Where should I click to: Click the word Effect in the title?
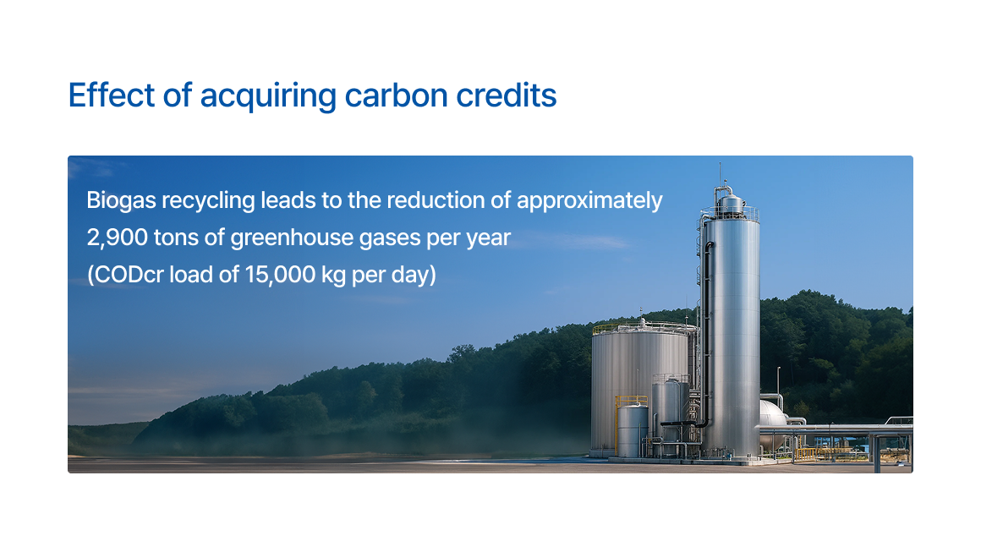(112, 95)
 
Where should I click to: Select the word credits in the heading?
(506, 95)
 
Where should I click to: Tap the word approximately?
(589, 201)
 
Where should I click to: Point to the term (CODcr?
(125, 276)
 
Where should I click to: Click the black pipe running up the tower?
(706, 338)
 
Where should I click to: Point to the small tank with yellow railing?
(632, 429)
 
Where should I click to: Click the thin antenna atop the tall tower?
(720, 174)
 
